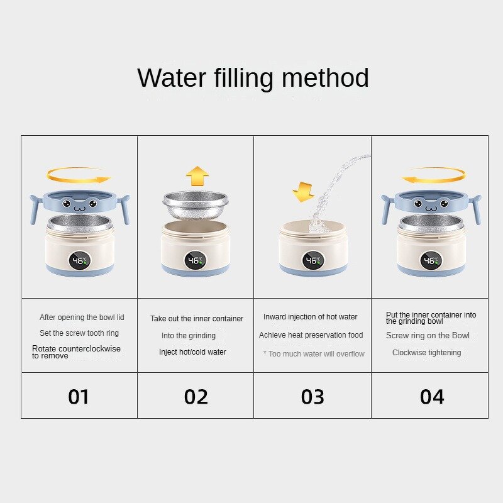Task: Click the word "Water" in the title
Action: point(172,78)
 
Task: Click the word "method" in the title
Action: point(325,78)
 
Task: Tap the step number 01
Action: point(78,397)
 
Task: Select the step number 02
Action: point(196,397)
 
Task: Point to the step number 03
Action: point(312,397)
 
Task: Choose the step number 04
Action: point(432,397)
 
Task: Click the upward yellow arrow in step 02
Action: point(197,176)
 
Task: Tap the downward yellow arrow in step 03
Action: point(303,192)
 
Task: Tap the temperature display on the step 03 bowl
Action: point(313,260)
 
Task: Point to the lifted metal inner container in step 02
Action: point(196,206)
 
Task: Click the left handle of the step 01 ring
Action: point(35,209)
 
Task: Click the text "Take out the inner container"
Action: point(197,319)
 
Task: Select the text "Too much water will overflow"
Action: point(316,353)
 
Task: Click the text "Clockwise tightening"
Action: point(427,353)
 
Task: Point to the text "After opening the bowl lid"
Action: point(82,318)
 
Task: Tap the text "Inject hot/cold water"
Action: point(192,352)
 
